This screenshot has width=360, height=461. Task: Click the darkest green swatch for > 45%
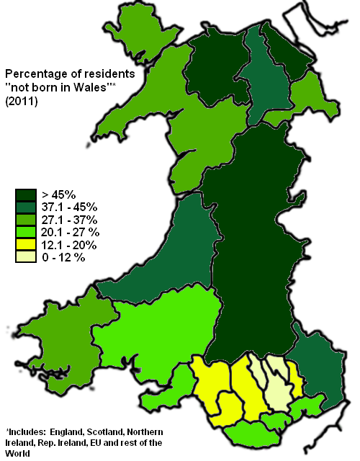(26, 193)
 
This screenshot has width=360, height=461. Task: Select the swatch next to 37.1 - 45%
(26, 206)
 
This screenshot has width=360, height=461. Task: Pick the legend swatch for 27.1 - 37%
(26, 219)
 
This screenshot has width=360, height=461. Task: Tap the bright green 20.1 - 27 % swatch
(26, 232)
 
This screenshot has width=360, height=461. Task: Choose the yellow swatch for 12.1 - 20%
(26, 245)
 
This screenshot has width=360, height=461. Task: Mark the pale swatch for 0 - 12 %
(26, 258)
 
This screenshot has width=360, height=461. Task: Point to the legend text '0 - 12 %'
(63, 258)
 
